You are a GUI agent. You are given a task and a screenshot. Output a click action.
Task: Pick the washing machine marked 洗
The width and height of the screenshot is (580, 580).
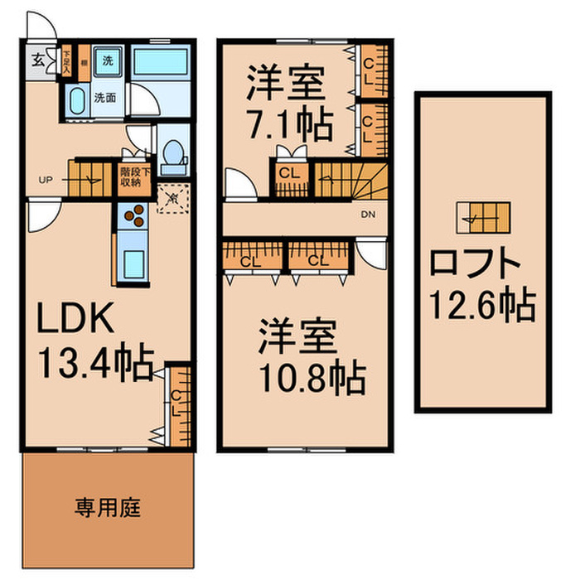tap(108, 60)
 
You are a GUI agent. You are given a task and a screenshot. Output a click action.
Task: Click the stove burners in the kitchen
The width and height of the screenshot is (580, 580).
tap(133, 217)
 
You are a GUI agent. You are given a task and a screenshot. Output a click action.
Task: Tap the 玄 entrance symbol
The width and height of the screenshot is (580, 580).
tap(39, 60)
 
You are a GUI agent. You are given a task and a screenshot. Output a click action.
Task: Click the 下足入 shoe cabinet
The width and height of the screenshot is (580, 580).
tap(65, 60)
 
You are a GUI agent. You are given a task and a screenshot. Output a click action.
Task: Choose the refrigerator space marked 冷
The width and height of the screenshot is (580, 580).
tap(172, 198)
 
